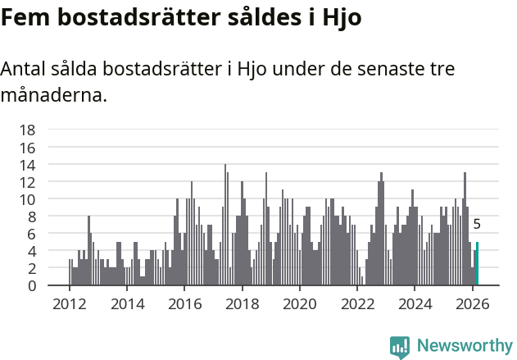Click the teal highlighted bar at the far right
point(477,264)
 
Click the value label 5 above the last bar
point(477,224)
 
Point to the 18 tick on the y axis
point(27,130)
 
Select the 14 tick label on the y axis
point(27,165)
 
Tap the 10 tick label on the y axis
point(27,199)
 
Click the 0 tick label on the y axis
point(31,286)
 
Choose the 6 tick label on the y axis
point(31,234)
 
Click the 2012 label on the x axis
point(69,304)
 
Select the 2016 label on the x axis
point(184,304)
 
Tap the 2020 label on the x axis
point(300,304)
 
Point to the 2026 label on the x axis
point(473,304)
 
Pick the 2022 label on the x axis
point(357,304)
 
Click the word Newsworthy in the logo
point(465,346)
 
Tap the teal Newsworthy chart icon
point(400,347)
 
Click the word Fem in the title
point(23,16)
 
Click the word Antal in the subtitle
point(23,69)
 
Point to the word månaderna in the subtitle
point(53,95)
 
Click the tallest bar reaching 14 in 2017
point(225,225)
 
